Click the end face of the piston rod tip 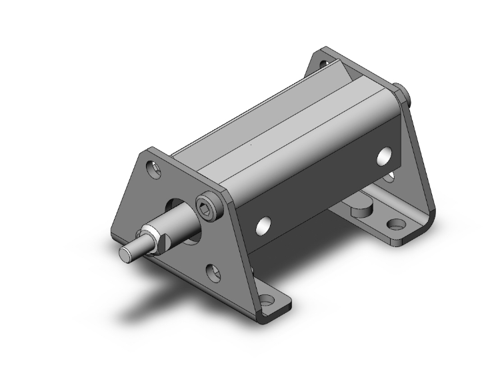pos(124,254)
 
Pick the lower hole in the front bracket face pos(213,271)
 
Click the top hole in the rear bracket pos(325,65)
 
